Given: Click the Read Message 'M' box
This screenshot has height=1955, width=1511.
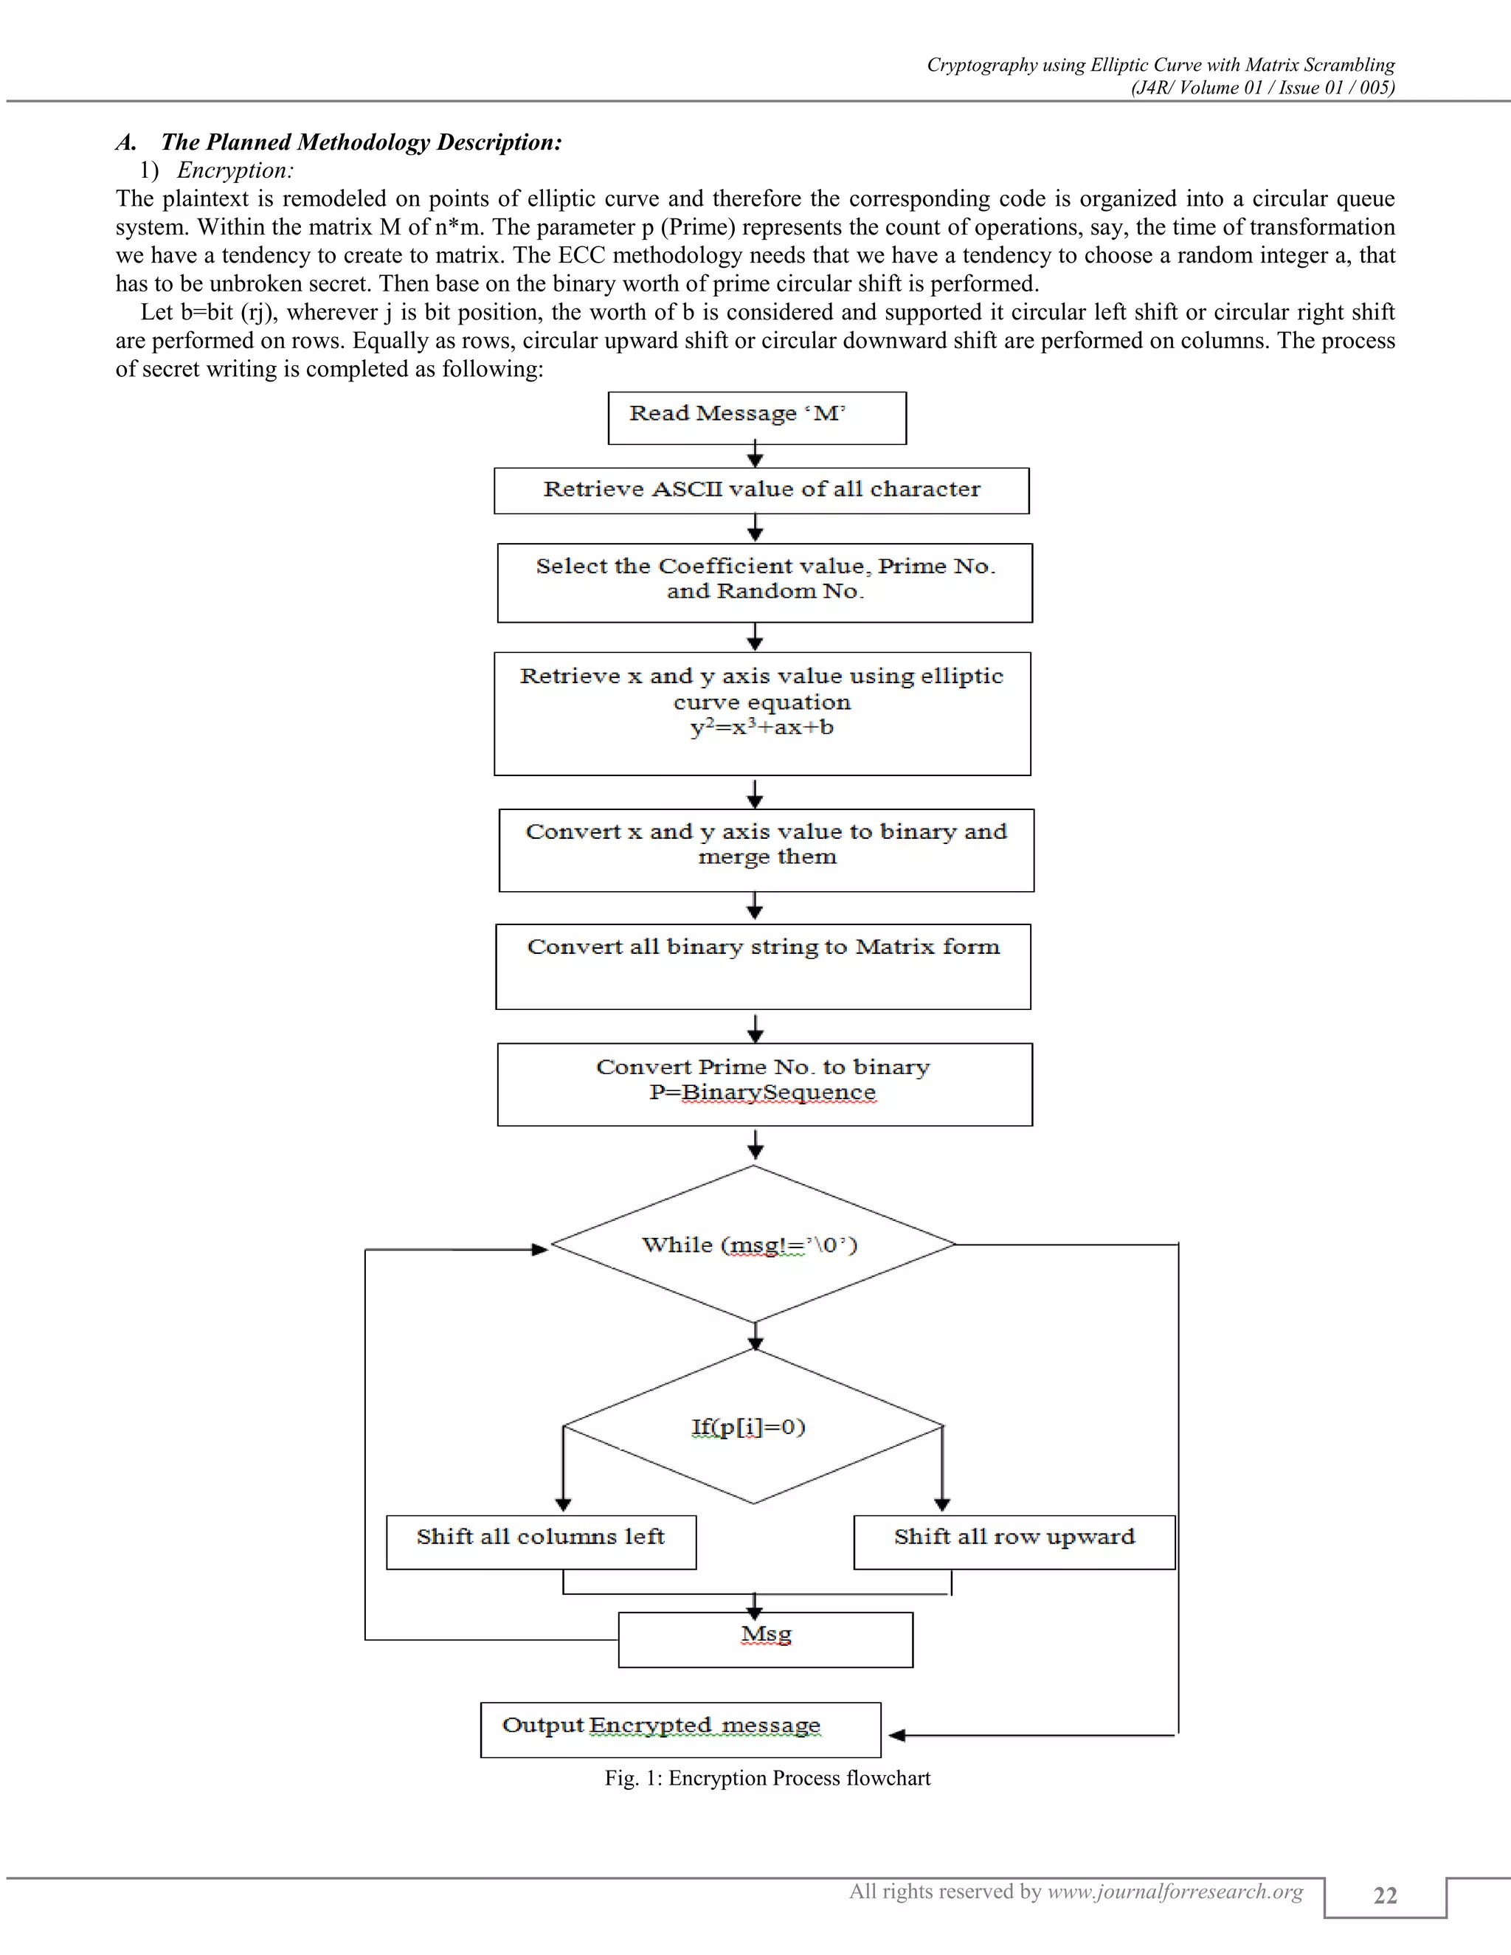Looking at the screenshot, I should point(756,418).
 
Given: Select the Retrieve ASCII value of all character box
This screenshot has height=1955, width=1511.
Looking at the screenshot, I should point(761,491).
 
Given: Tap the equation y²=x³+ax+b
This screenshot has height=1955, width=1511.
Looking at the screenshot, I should point(761,727).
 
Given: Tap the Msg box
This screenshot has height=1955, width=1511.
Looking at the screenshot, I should point(765,1639).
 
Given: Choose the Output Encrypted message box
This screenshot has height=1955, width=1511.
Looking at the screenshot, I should point(680,1729).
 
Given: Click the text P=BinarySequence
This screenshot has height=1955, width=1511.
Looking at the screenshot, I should point(763,1092).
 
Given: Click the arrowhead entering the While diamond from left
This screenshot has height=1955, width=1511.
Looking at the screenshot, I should point(540,1249).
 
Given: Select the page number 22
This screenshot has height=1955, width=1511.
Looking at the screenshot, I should point(1385,1895).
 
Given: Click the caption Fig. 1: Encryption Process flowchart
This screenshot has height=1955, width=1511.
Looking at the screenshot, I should point(767,1778).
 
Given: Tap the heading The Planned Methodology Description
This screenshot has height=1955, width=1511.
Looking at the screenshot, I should point(362,142).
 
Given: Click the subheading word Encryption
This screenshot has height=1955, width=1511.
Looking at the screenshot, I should point(235,170).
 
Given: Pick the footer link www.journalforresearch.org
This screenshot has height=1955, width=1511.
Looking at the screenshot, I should point(1175,1891).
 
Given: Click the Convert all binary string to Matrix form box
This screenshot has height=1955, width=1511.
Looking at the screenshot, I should point(763,966).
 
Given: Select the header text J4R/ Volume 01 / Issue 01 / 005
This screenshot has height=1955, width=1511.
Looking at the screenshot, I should point(1262,87).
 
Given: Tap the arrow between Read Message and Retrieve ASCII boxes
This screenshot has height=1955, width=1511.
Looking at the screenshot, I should point(755,456).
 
